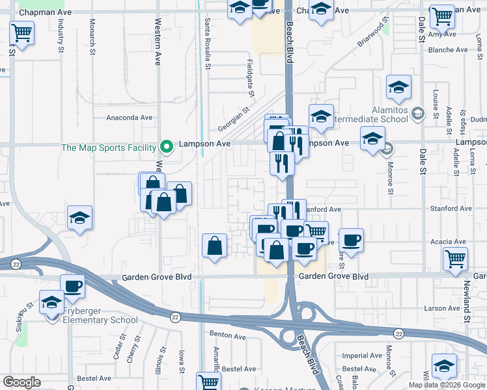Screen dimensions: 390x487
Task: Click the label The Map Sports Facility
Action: (x=109, y=147)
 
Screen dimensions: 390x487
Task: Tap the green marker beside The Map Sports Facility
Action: (x=167, y=147)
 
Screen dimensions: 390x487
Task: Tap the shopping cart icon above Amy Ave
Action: (x=442, y=16)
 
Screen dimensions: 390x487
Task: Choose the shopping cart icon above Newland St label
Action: (x=454, y=258)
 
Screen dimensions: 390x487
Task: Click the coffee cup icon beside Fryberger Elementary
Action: (x=72, y=285)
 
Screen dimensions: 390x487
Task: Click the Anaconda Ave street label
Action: (x=129, y=118)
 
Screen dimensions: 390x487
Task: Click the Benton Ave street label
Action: (x=227, y=336)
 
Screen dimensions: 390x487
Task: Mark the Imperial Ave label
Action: (x=362, y=356)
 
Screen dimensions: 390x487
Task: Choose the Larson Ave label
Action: (x=443, y=308)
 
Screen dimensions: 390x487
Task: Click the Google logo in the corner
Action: (x=22, y=382)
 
